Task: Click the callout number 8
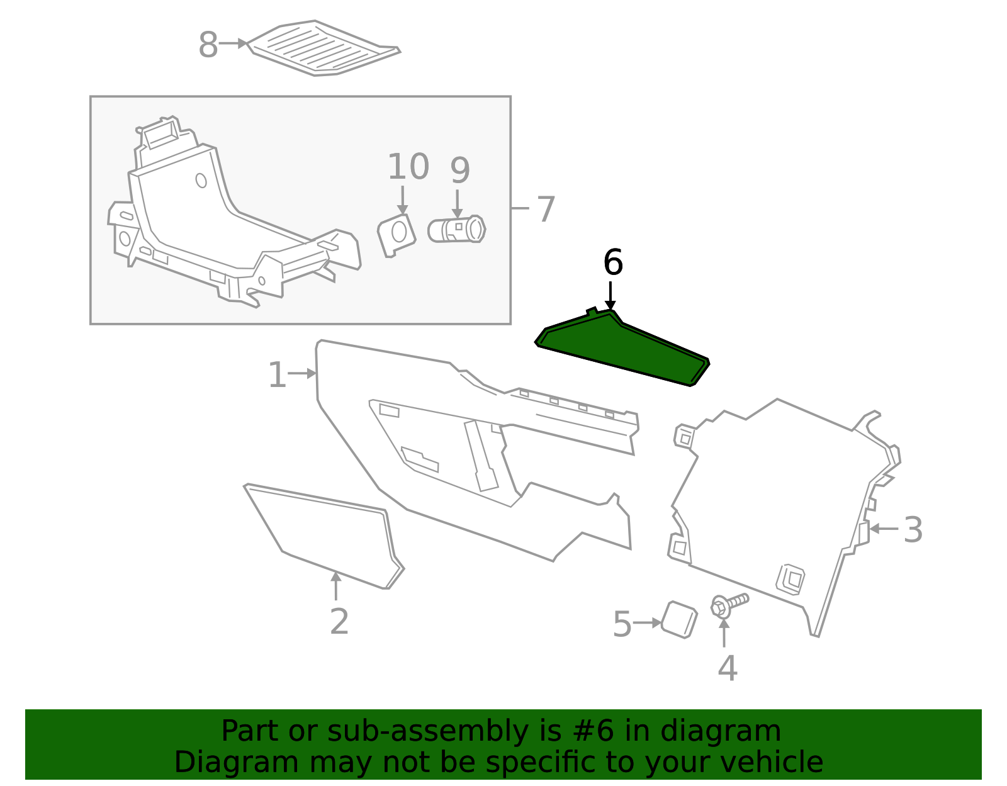click(208, 45)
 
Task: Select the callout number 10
click(408, 167)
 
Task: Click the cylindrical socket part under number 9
click(457, 230)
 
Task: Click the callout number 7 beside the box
click(546, 209)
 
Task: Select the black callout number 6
click(612, 262)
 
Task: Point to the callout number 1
click(277, 376)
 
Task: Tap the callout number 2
click(339, 622)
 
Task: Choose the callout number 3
click(913, 530)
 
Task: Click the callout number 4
click(727, 668)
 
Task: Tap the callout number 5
click(622, 624)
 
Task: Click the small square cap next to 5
click(679, 619)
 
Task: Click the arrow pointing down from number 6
click(610, 296)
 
